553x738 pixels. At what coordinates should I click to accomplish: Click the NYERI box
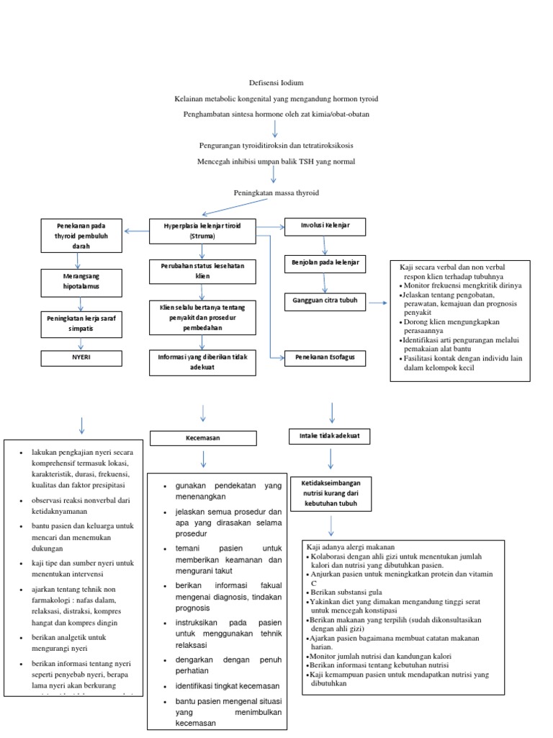coord(81,356)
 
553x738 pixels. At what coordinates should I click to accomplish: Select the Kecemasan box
coord(203,437)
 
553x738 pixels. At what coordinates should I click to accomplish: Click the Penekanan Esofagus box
coord(325,356)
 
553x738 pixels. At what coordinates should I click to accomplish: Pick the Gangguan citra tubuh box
coord(325,300)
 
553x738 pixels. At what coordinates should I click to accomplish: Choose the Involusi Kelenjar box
coord(325,226)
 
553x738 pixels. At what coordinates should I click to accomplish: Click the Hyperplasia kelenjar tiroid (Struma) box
coord(203,231)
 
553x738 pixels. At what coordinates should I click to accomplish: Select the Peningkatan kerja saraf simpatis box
coord(81,323)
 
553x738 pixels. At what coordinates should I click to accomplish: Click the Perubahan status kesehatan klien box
coord(203,271)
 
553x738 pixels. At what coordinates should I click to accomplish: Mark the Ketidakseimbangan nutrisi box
coord(331,492)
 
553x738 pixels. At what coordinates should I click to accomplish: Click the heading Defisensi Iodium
coord(276,84)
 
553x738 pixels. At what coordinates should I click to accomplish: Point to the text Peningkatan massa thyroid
coord(276,193)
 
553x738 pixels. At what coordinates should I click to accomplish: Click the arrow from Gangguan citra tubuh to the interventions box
coord(378,303)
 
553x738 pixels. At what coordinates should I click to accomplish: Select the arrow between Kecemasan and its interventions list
coord(203,459)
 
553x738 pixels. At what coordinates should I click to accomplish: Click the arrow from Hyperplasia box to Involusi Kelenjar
coord(271,227)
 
